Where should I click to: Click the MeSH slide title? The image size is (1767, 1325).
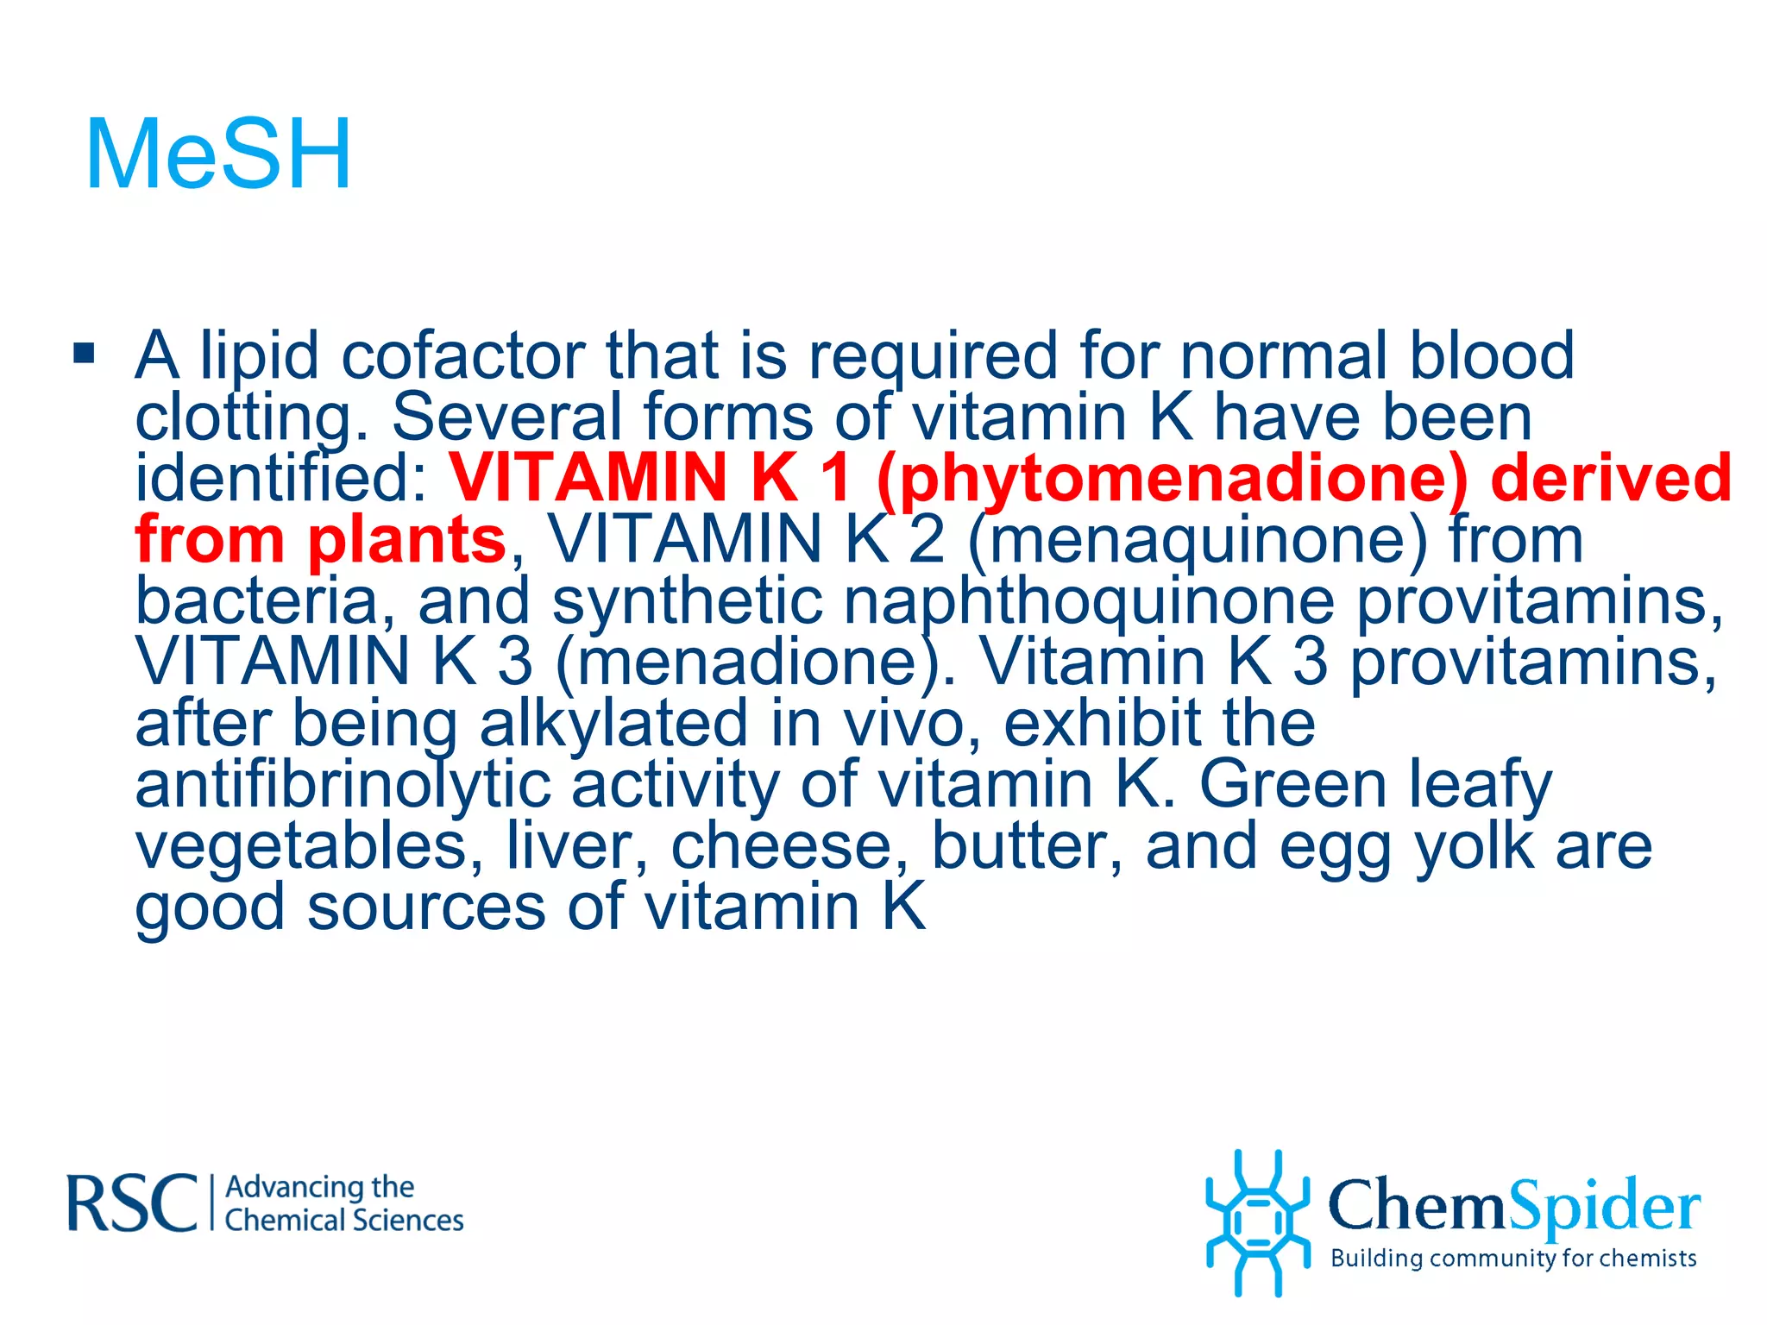(219, 155)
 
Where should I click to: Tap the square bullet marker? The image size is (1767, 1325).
(84, 353)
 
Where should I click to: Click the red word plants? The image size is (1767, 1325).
(406, 540)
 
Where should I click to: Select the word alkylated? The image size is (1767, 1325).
(613, 724)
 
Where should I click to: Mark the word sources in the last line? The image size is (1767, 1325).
(426, 907)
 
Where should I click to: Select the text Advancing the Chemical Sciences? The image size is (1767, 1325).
(343, 1204)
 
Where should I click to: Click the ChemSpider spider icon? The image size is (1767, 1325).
(1258, 1221)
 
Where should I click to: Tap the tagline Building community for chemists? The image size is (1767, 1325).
(1513, 1259)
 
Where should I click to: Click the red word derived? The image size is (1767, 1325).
(1610, 480)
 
